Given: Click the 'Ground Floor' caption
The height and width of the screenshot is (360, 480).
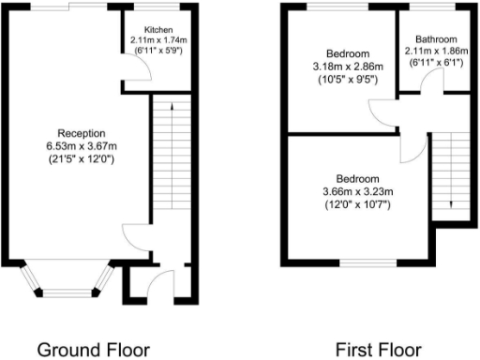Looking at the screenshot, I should coord(93,349).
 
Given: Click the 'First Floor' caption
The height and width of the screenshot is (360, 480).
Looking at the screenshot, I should coord(379,349).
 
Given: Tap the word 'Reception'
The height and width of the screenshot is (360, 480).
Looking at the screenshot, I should coord(80,132).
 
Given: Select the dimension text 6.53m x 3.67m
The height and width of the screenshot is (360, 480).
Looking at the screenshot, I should coord(80,145).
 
